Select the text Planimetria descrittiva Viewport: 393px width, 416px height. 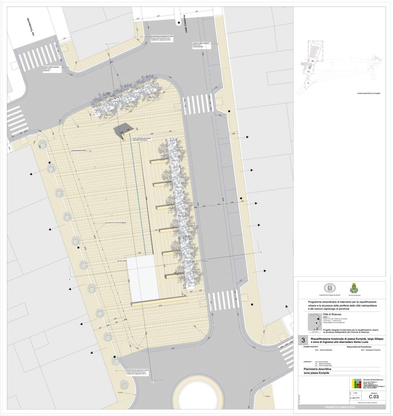point(321,368)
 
